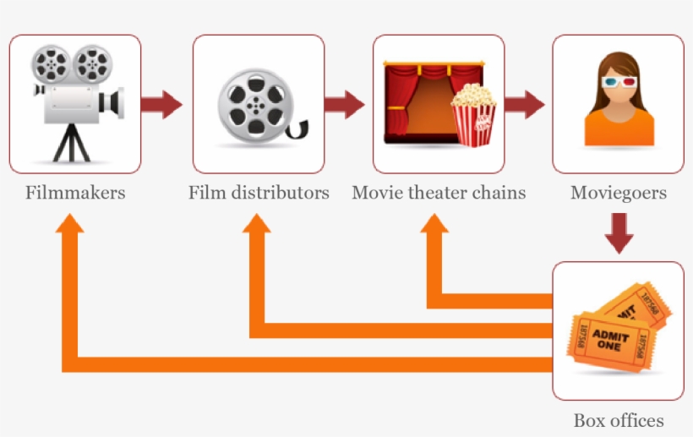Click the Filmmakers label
pos(75,193)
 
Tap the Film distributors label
pos(259,193)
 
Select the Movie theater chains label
pos(439,193)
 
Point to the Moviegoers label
pos(618,193)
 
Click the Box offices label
pos(618,420)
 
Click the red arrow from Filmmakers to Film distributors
pos(161,105)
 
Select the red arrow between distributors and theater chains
pos(344,105)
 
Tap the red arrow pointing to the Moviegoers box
pos(525,105)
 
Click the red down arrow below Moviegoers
pos(619,232)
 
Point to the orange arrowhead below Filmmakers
pos(74,221)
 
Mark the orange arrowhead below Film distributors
pos(257,221)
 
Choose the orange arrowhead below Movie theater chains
pos(435,221)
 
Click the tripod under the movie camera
pos(70,142)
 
